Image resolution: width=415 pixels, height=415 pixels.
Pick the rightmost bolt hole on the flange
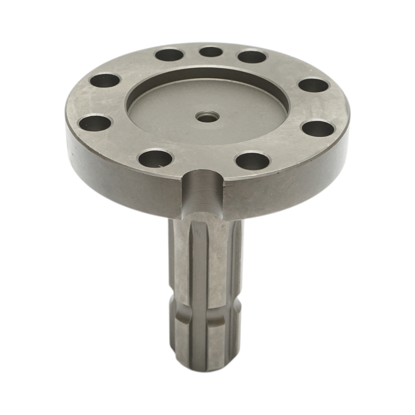point(318,129)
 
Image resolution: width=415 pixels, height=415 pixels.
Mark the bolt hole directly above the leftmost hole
point(105,82)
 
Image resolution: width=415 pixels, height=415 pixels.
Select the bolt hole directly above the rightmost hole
point(313,86)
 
